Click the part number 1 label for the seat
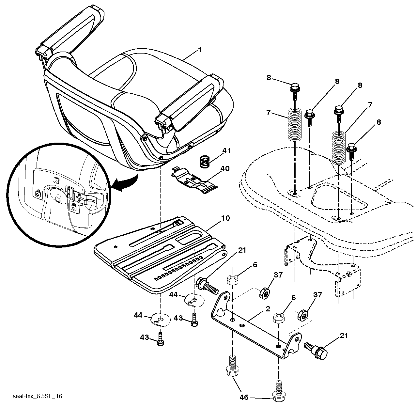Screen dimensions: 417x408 point(199,50)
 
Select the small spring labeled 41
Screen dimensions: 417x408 point(206,162)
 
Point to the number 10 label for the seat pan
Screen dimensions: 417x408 point(225,218)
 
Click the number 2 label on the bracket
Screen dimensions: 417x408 point(268,309)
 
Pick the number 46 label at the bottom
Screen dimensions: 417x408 point(244,397)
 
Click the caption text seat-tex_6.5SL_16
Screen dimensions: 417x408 point(38,396)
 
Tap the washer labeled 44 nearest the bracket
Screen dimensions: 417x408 point(194,301)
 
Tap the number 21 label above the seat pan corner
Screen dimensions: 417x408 point(242,250)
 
